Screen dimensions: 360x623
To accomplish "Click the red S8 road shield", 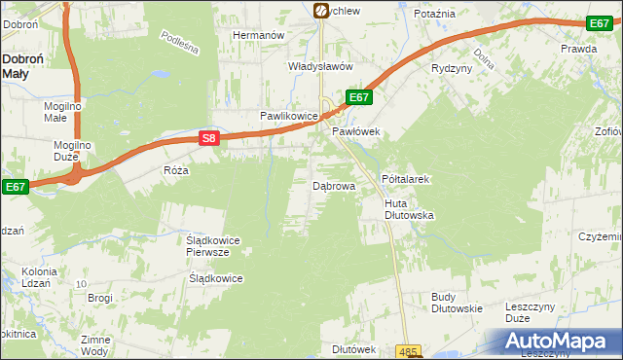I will (208, 138).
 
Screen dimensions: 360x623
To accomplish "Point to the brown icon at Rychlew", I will (320, 10).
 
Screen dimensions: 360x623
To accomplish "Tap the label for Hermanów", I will (257, 35).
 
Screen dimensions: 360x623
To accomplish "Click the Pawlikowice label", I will (288, 116).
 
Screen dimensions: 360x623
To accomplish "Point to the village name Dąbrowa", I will (333, 185).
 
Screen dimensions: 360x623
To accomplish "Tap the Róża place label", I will (176, 169).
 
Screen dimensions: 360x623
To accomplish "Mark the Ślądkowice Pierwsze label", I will (213, 245).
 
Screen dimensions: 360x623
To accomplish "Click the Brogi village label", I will (101, 298).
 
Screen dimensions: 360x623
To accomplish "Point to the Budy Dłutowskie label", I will (457, 303).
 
